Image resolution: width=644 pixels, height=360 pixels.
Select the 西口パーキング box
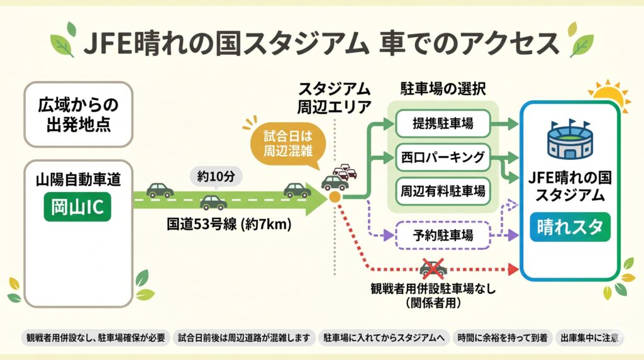click(x=443, y=157)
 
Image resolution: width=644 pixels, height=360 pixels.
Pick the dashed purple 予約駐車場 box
click(x=443, y=236)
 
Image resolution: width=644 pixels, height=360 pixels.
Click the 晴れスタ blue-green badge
click(x=570, y=227)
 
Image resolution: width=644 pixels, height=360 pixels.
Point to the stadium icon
click(x=570, y=139)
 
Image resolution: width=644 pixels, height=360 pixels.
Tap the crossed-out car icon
click(x=433, y=269)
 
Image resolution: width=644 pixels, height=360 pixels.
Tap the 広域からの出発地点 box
click(x=78, y=114)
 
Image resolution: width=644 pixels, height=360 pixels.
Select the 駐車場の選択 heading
click(x=443, y=88)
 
